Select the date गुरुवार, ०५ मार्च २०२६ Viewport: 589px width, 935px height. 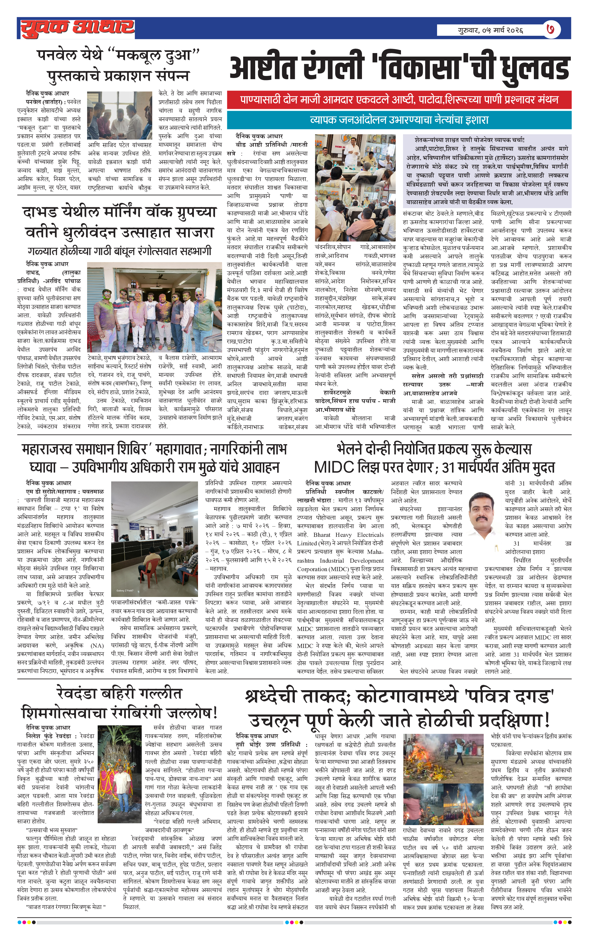[491, 30]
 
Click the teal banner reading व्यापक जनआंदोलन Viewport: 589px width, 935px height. [399, 120]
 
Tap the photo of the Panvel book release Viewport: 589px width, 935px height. [119, 115]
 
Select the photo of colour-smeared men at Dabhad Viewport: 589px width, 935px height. [154, 307]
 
